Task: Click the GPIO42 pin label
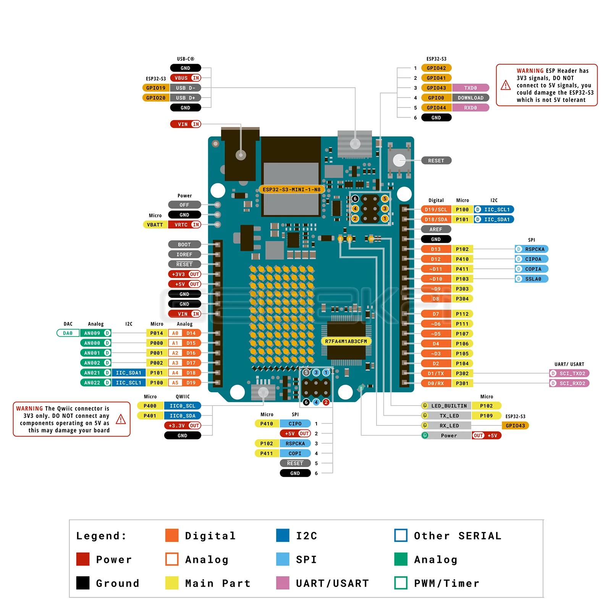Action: (x=436, y=68)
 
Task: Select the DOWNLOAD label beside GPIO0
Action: (x=470, y=98)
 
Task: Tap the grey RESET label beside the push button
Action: (x=436, y=161)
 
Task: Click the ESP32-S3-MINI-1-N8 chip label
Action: (x=291, y=189)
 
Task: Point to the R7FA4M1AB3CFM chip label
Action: (x=346, y=341)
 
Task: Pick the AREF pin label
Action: (x=436, y=230)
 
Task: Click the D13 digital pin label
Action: (x=436, y=249)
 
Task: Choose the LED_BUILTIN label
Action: (x=448, y=406)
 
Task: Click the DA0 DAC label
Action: (x=68, y=333)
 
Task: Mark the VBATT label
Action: (x=155, y=225)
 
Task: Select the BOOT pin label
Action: (x=184, y=245)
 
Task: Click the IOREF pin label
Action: (x=184, y=255)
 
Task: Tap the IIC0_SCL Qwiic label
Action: (x=182, y=406)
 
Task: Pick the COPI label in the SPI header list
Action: (x=295, y=454)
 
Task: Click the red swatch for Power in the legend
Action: (x=82, y=559)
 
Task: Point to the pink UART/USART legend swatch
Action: (x=283, y=583)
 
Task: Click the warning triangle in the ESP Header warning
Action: (x=506, y=85)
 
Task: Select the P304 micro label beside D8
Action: (x=462, y=299)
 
